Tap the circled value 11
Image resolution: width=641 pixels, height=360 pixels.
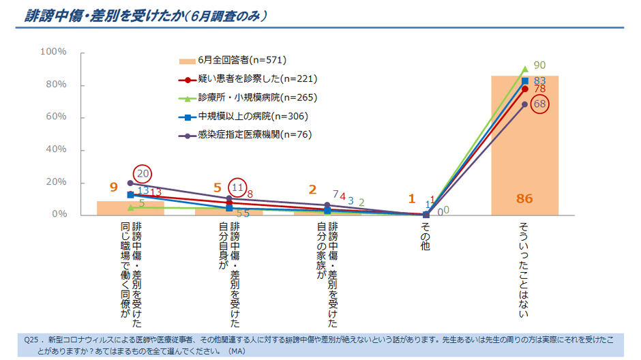[x=237, y=185]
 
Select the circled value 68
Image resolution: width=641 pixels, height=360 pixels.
[x=540, y=104]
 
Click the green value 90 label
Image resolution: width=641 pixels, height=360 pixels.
[x=539, y=65]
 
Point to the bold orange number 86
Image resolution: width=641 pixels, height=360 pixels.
[x=524, y=199]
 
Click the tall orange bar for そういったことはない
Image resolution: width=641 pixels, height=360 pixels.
[x=524, y=150]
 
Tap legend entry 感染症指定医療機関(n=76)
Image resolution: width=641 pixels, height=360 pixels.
[x=245, y=134]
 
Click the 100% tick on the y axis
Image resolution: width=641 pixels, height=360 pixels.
[x=53, y=52]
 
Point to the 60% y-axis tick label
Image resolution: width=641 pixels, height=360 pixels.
[x=55, y=117]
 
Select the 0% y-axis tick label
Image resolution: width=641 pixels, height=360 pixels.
[x=58, y=215]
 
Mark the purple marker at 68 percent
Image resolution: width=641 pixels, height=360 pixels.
[x=524, y=104]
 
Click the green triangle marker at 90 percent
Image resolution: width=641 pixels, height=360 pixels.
[x=524, y=68]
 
